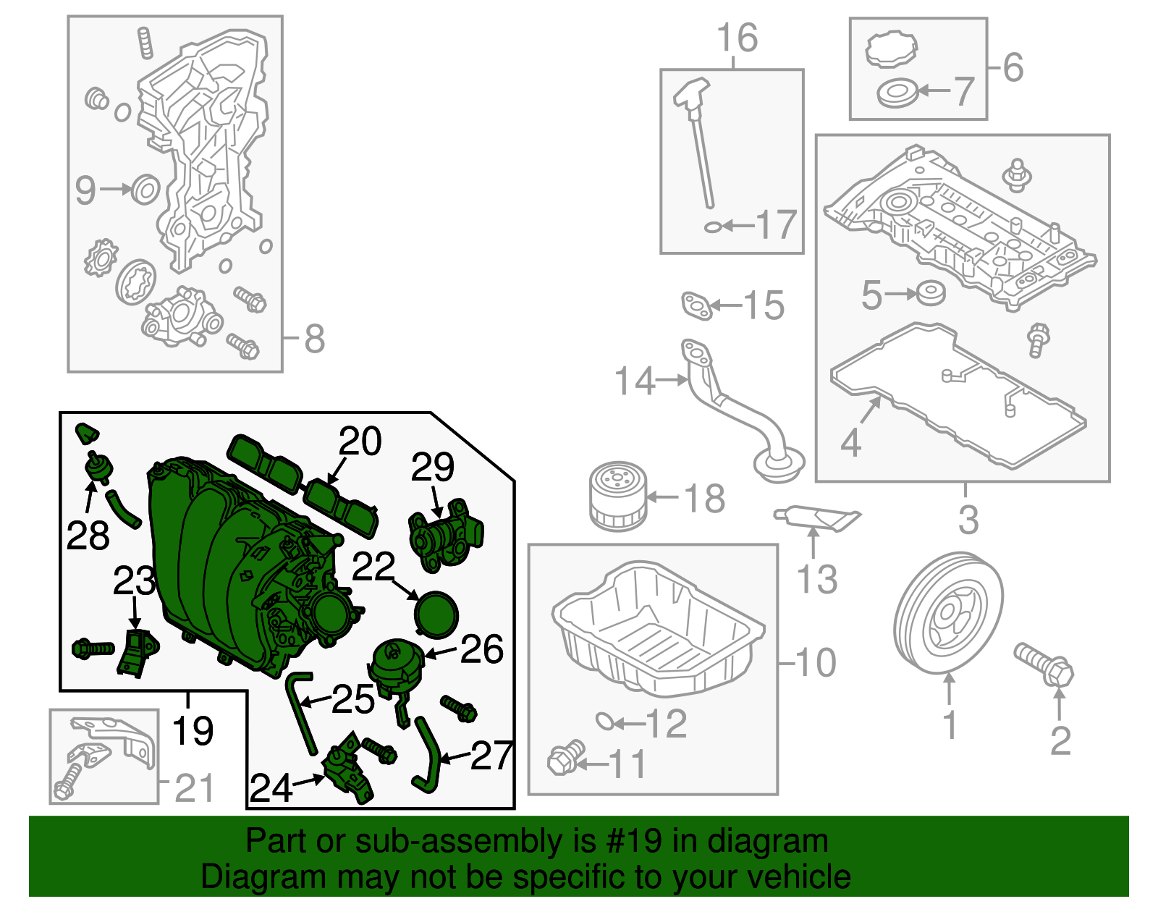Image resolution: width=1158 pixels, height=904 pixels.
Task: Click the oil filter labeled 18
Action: tap(617, 497)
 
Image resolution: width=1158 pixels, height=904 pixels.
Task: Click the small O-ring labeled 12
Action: tap(605, 721)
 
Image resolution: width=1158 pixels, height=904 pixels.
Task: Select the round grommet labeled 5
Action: tap(930, 294)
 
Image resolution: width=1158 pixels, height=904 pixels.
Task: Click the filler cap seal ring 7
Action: tap(897, 93)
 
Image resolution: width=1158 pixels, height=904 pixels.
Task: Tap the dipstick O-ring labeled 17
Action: tap(712, 227)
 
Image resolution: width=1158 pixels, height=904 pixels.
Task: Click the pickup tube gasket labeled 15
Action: tap(696, 305)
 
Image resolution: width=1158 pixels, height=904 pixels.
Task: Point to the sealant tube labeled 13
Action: tap(818, 517)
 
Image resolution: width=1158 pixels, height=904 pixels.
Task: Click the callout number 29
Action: tap(432, 467)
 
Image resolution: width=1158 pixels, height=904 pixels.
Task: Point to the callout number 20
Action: tap(360, 441)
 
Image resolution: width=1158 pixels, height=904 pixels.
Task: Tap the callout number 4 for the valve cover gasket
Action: tap(850, 442)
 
